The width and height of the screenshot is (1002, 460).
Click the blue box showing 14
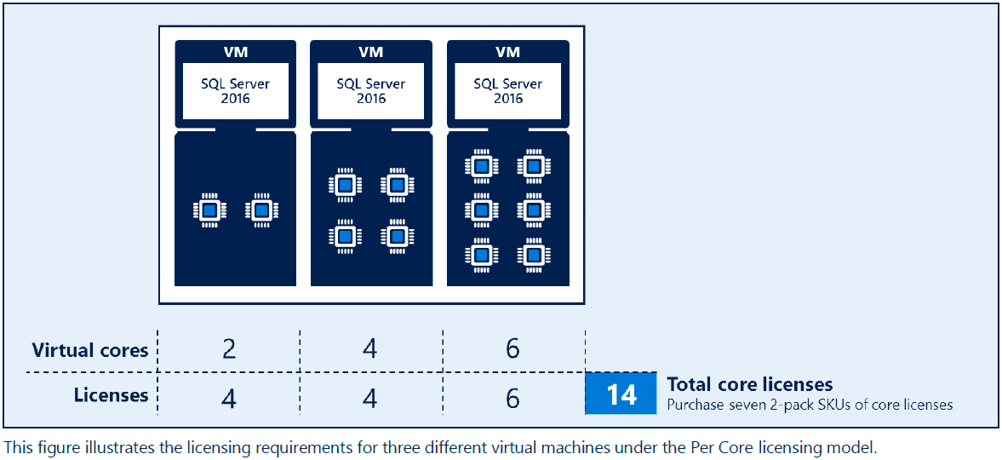[621, 394]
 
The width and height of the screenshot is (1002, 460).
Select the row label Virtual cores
[89, 350]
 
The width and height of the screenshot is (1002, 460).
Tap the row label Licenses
[111, 395]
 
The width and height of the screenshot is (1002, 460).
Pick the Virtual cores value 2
[228, 349]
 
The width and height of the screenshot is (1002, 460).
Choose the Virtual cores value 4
[369, 349]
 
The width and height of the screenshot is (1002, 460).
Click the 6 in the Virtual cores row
[512, 349]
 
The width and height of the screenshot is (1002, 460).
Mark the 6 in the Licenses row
[512, 398]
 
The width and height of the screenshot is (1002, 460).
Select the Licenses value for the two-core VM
[228, 398]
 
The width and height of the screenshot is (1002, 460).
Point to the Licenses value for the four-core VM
[369, 398]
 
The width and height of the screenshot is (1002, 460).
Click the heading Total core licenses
[749, 384]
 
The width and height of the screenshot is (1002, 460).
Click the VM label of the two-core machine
[236, 52]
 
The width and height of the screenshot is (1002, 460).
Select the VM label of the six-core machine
[508, 52]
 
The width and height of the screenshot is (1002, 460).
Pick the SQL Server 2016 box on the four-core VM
[371, 90]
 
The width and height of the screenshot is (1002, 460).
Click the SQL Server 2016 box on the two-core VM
[236, 90]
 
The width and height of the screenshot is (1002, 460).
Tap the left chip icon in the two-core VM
[209, 210]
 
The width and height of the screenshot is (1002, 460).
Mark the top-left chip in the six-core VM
[482, 165]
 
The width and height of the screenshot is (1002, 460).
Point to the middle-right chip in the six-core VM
[534, 210]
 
